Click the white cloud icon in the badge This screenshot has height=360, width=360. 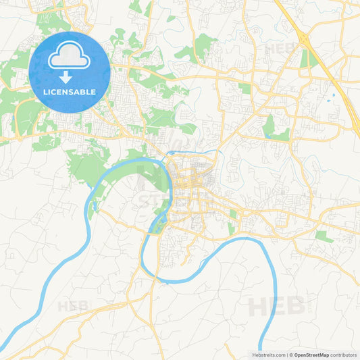coord(70,58)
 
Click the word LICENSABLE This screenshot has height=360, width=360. coord(70,92)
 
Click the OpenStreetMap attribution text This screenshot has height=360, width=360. coord(311,355)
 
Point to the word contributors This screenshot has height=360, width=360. coord(344,355)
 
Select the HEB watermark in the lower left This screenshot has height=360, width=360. coord(73,306)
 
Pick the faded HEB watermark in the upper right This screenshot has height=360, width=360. coord(281,48)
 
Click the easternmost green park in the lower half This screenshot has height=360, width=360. coord(324,236)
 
